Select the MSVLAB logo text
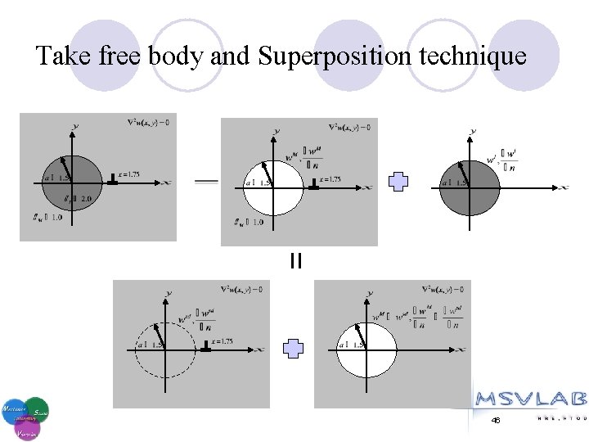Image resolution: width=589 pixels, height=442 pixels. (x=530, y=399)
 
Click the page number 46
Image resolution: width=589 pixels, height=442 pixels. (x=496, y=420)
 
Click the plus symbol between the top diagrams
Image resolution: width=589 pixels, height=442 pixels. (x=398, y=182)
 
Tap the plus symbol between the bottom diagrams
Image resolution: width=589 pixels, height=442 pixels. (x=293, y=350)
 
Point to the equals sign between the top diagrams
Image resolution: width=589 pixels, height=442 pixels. (x=206, y=182)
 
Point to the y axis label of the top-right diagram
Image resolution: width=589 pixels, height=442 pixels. (x=474, y=131)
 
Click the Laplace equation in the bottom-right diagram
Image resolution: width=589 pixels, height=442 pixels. (x=443, y=289)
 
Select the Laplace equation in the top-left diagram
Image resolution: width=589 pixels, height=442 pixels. (x=148, y=124)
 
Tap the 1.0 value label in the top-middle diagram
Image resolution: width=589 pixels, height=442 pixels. (x=249, y=222)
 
